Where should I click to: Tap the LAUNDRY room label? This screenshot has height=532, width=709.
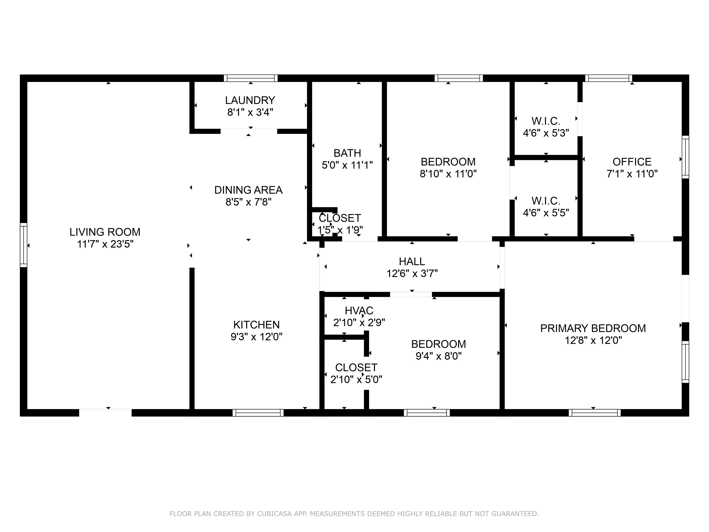pos(250,100)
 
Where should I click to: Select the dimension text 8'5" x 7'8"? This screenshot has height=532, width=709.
pos(248,202)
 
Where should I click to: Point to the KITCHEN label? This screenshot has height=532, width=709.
pos(256,325)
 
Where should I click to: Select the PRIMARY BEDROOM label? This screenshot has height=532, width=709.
pos(593,328)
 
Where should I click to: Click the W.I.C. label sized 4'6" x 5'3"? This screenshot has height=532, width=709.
pos(546,121)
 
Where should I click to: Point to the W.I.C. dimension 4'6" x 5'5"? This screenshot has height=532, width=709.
pos(546,213)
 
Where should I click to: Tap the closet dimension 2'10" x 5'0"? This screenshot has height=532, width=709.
pos(356,380)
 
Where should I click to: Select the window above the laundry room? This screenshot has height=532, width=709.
pos(251,78)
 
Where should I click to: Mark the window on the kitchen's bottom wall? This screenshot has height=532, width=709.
pos(258,413)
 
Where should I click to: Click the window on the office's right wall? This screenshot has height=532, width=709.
pos(685,157)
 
